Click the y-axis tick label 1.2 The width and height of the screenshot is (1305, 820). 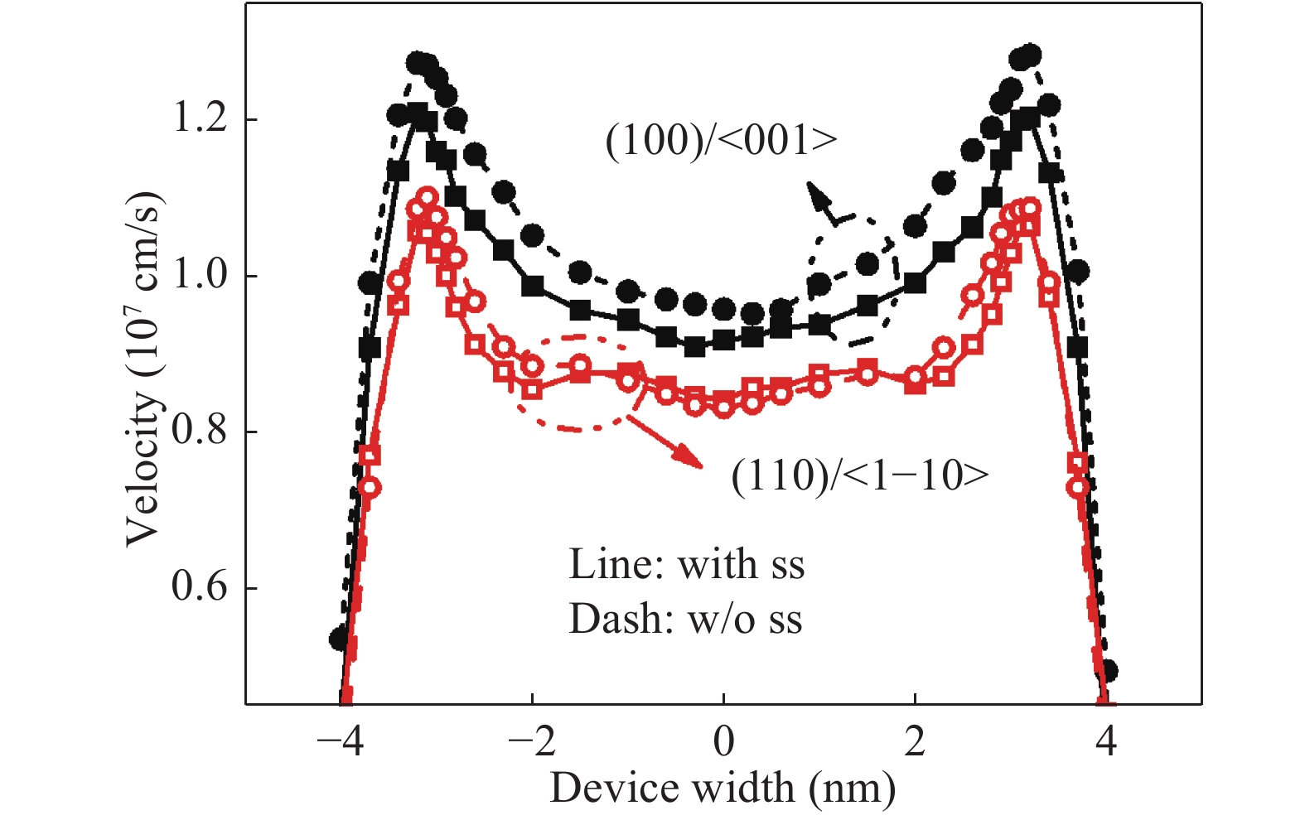click(x=199, y=118)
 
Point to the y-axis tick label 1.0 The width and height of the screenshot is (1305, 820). click(x=199, y=275)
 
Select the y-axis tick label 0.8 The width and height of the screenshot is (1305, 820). click(x=199, y=431)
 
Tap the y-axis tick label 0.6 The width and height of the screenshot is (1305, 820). click(x=199, y=586)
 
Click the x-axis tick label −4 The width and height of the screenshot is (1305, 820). click(x=341, y=741)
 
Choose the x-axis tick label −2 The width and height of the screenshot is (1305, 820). click(x=532, y=741)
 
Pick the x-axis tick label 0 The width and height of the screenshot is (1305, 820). click(x=723, y=741)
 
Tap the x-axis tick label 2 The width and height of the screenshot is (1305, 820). click(x=915, y=741)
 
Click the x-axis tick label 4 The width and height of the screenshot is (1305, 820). click(x=1106, y=741)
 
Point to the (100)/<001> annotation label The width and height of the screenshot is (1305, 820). click(x=722, y=142)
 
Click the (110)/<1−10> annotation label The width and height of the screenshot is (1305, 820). click(x=860, y=475)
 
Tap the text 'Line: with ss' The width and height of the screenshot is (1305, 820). click(x=687, y=565)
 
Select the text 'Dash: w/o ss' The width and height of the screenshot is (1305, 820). click(x=686, y=619)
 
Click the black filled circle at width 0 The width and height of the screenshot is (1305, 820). click(x=723, y=309)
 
